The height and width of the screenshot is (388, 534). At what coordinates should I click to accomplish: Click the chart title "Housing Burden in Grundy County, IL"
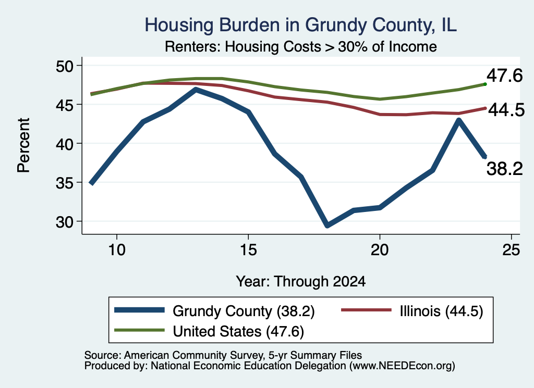tap(300, 25)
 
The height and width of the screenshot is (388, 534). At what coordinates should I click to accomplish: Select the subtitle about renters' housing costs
tap(300, 46)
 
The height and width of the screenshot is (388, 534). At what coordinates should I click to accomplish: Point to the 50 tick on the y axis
tap(65, 66)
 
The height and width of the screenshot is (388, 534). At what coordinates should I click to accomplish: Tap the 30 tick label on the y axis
tap(65, 222)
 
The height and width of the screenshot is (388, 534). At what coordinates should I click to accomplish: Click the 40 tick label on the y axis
tap(65, 144)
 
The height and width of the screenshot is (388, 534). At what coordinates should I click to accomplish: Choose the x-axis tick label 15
tap(248, 250)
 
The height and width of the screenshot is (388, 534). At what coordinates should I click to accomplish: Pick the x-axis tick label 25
tap(511, 250)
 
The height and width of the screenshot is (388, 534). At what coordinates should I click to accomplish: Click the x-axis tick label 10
tap(117, 250)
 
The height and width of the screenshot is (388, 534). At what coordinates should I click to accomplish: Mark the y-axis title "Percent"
tap(23, 145)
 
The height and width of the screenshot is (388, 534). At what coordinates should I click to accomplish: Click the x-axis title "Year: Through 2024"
tap(301, 282)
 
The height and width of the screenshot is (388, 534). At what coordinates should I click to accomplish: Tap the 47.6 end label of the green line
tap(504, 75)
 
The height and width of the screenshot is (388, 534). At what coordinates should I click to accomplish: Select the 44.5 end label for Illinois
tap(506, 110)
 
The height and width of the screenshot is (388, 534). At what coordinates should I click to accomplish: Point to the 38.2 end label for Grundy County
tap(504, 169)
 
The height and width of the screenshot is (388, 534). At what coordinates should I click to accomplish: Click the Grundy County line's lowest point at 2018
tap(327, 225)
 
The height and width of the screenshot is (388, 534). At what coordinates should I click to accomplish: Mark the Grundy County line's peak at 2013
tap(196, 90)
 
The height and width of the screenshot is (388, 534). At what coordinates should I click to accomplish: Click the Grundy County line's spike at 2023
tap(459, 120)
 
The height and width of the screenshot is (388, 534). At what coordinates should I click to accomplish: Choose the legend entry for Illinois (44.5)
tap(412, 311)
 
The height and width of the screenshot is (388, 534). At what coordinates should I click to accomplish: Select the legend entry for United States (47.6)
tap(209, 331)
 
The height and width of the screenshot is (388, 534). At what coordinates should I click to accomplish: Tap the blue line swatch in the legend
tap(140, 310)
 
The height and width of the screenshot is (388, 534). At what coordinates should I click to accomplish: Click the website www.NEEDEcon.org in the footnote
tap(402, 366)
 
